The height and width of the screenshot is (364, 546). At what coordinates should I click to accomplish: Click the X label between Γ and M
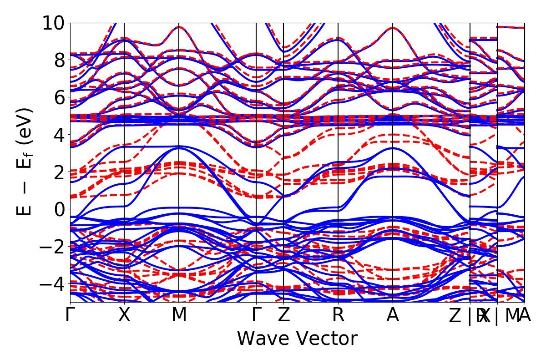click(x=124, y=315)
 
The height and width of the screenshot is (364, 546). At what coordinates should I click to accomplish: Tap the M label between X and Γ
click(x=179, y=315)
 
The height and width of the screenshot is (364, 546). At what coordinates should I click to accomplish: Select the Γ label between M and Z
click(x=257, y=315)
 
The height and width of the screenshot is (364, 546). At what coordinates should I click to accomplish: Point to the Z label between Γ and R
click(x=283, y=315)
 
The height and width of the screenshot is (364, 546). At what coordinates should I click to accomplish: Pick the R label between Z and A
click(x=338, y=315)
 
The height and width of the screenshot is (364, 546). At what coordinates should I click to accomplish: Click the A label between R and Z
click(x=393, y=315)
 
